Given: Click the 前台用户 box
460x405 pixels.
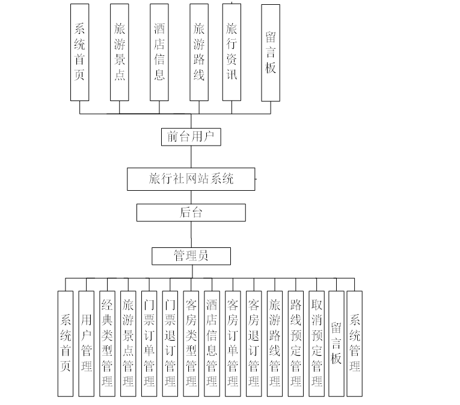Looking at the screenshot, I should point(191,137).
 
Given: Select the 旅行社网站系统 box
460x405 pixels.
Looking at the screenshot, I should point(191,179).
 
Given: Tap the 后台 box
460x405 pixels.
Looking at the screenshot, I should point(191,212).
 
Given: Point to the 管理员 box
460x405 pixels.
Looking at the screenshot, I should point(191,256).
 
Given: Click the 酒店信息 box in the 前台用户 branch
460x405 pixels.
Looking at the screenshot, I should point(159,52).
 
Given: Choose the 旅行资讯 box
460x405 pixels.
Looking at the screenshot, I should point(232,52).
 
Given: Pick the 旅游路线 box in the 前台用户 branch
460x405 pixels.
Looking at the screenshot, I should point(199,52).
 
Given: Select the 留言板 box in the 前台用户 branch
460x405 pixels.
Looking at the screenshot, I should point(271,52).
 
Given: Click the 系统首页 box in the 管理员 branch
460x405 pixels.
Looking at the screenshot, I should point(66,343).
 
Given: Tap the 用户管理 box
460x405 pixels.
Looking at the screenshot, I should point(87,343).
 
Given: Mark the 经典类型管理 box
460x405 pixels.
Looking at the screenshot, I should point(107,343).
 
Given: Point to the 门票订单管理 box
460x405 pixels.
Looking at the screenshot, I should point(149,343).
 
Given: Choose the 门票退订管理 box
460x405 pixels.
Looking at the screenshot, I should point(170,343).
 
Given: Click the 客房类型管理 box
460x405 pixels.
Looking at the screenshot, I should point(191,343).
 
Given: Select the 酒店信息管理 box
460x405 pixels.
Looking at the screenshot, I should point(212,343).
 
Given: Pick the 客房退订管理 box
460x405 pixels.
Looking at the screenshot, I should point(254,343).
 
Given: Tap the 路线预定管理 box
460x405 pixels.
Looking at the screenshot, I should point(295,343).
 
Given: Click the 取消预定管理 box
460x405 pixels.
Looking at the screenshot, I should point(316,343).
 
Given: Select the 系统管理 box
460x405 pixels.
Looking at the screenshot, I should point(355,343).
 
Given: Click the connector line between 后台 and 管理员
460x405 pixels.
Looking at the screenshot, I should point(191,234).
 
